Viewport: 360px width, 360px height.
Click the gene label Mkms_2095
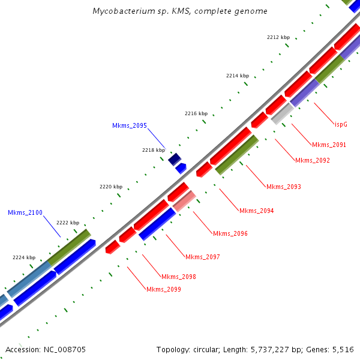click(x=129, y=126)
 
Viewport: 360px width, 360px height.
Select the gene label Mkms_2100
click(x=25, y=212)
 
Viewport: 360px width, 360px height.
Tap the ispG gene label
click(x=341, y=124)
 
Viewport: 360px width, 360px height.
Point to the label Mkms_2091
click(x=329, y=145)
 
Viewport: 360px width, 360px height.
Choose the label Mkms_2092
click(x=312, y=160)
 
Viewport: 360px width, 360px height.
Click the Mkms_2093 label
click(x=283, y=187)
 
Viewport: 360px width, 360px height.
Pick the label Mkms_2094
click(x=256, y=211)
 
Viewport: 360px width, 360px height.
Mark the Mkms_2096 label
click(x=230, y=233)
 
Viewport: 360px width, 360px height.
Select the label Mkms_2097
click(x=202, y=257)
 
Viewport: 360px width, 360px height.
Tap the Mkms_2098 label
click(x=178, y=277)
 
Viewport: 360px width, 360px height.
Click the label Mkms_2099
click(x=163, y=289)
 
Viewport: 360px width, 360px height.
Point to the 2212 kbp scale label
click(x=278, y=37)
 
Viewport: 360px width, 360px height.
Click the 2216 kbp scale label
click(x=196, y=113)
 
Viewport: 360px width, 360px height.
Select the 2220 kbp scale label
click(x=110, y=187)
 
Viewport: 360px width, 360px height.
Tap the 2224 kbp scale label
click(x=24, y=257)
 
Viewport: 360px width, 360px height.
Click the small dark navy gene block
click(x=175, y=159)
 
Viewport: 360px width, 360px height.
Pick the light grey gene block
click(x=281, y=113)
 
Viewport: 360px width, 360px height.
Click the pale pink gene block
click(x=184, y=201)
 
